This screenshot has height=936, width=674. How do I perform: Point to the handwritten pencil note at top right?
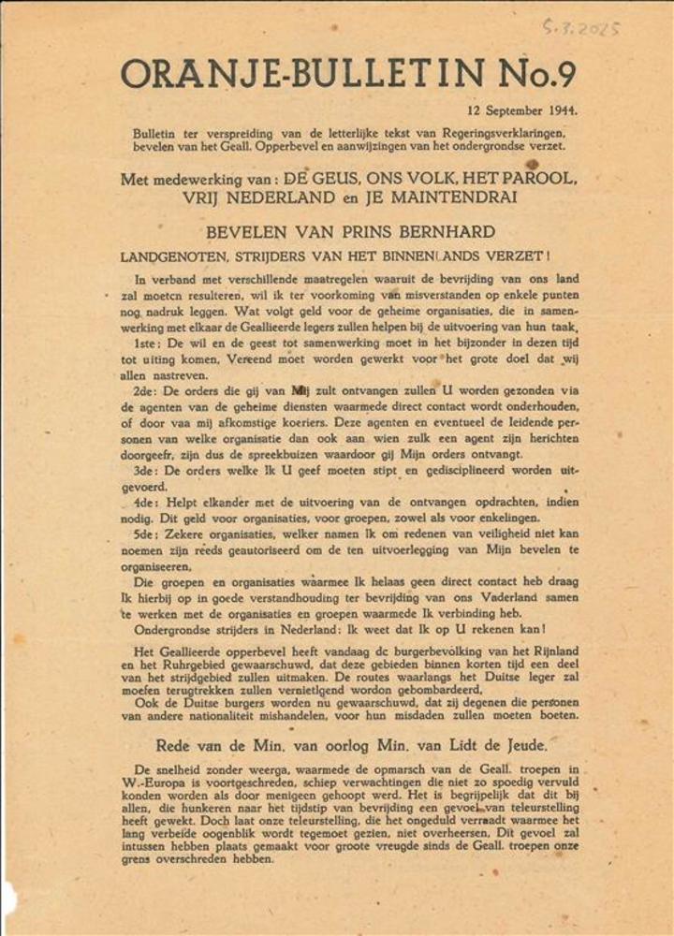pyautogui.click(x=579, y=27)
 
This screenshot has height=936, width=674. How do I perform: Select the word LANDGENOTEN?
pyautogui.click(x=178, y=256)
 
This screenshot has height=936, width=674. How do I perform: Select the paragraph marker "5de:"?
pyautogui.click(x=149, y=534)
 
